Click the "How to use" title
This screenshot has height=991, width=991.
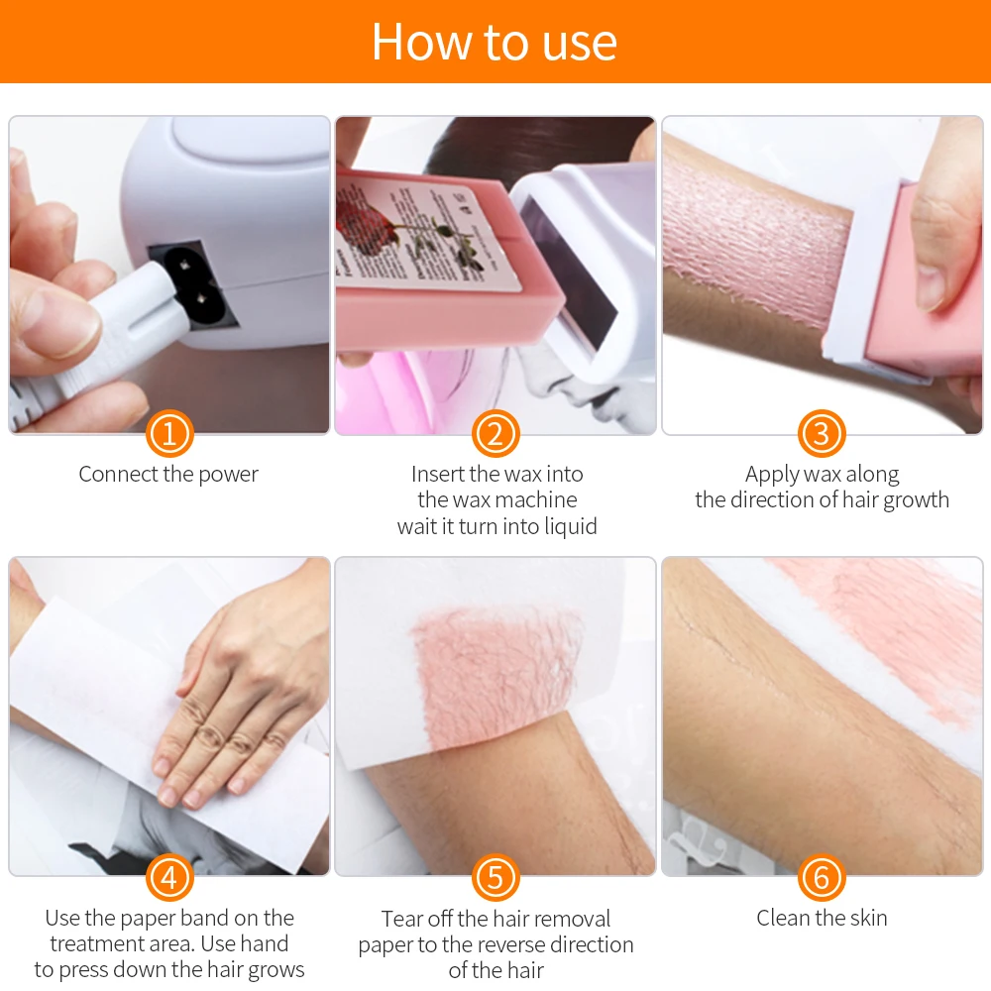494,42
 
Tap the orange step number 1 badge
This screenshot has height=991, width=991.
168,433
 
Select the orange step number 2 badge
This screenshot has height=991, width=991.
495,433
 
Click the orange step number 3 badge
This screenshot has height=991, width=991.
822,433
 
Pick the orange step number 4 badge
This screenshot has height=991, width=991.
168,877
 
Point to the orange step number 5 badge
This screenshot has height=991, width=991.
495,877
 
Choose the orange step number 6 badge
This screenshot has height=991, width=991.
822,877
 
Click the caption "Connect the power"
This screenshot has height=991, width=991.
168,475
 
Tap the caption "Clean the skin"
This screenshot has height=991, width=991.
822,918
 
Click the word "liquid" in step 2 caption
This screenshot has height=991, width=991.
567,526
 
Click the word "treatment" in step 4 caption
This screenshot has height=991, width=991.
98,944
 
